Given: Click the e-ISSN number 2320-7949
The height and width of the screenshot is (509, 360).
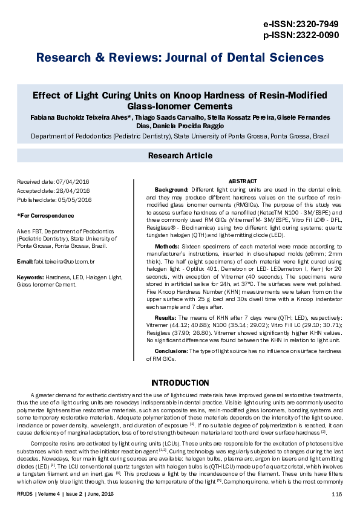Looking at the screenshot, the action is (316, 24).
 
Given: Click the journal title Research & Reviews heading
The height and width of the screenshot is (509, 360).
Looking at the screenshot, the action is (180, 58).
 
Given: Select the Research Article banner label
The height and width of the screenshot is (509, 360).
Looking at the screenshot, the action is (180, 156).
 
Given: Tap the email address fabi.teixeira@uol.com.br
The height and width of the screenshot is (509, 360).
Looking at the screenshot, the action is (64, 261).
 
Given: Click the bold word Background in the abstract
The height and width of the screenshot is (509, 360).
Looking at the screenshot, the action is (172, 189).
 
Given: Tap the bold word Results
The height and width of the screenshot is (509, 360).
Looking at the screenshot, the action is (166, 317).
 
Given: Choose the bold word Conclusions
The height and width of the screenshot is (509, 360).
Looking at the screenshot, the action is (171, 351).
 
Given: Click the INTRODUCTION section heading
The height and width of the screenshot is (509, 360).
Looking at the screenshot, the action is (180, 383).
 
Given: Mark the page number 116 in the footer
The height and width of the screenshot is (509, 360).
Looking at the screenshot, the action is (337, 494).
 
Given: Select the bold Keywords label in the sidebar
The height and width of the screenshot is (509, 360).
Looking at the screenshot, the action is (31, 277).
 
